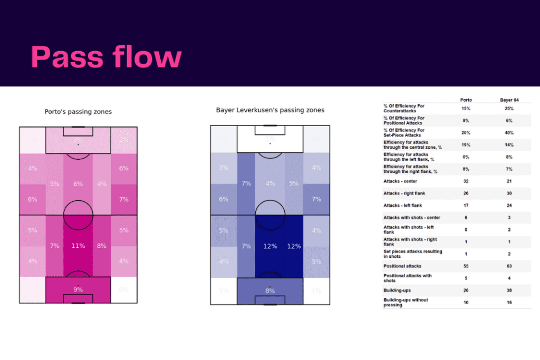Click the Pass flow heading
[x=106, y=56]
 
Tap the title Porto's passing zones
[x=78, y=112]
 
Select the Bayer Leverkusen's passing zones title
[x=270, y=110]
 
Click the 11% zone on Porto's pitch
[x=78, y=246]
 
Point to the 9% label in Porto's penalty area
[x=78, y=289]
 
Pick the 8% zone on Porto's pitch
[x=102, y=246]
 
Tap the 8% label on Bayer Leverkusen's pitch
[x=270, y=290]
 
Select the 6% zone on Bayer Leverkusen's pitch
[x=224, y=199]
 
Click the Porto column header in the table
[x=466, y=100]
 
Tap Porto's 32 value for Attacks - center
[x=466, y=181]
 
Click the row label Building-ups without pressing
[x=406, y=302]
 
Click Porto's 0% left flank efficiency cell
[x=466, y=157]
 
